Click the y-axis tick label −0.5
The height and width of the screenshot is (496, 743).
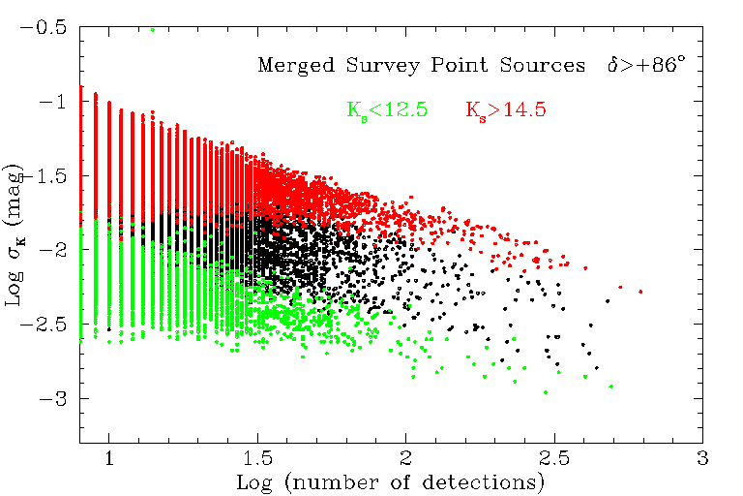coord(46,27)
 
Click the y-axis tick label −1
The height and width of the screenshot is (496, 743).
coord(54,102)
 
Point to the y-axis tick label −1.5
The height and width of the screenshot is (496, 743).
coord(46,176)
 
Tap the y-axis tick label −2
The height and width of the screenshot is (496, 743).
coord(54,250)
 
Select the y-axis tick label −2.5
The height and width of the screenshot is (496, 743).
coord(46,325)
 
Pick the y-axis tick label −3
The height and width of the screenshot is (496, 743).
coord(54,399)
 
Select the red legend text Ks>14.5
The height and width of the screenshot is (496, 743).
coord(505,109)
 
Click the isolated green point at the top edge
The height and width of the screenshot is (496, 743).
coord(152,29)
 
